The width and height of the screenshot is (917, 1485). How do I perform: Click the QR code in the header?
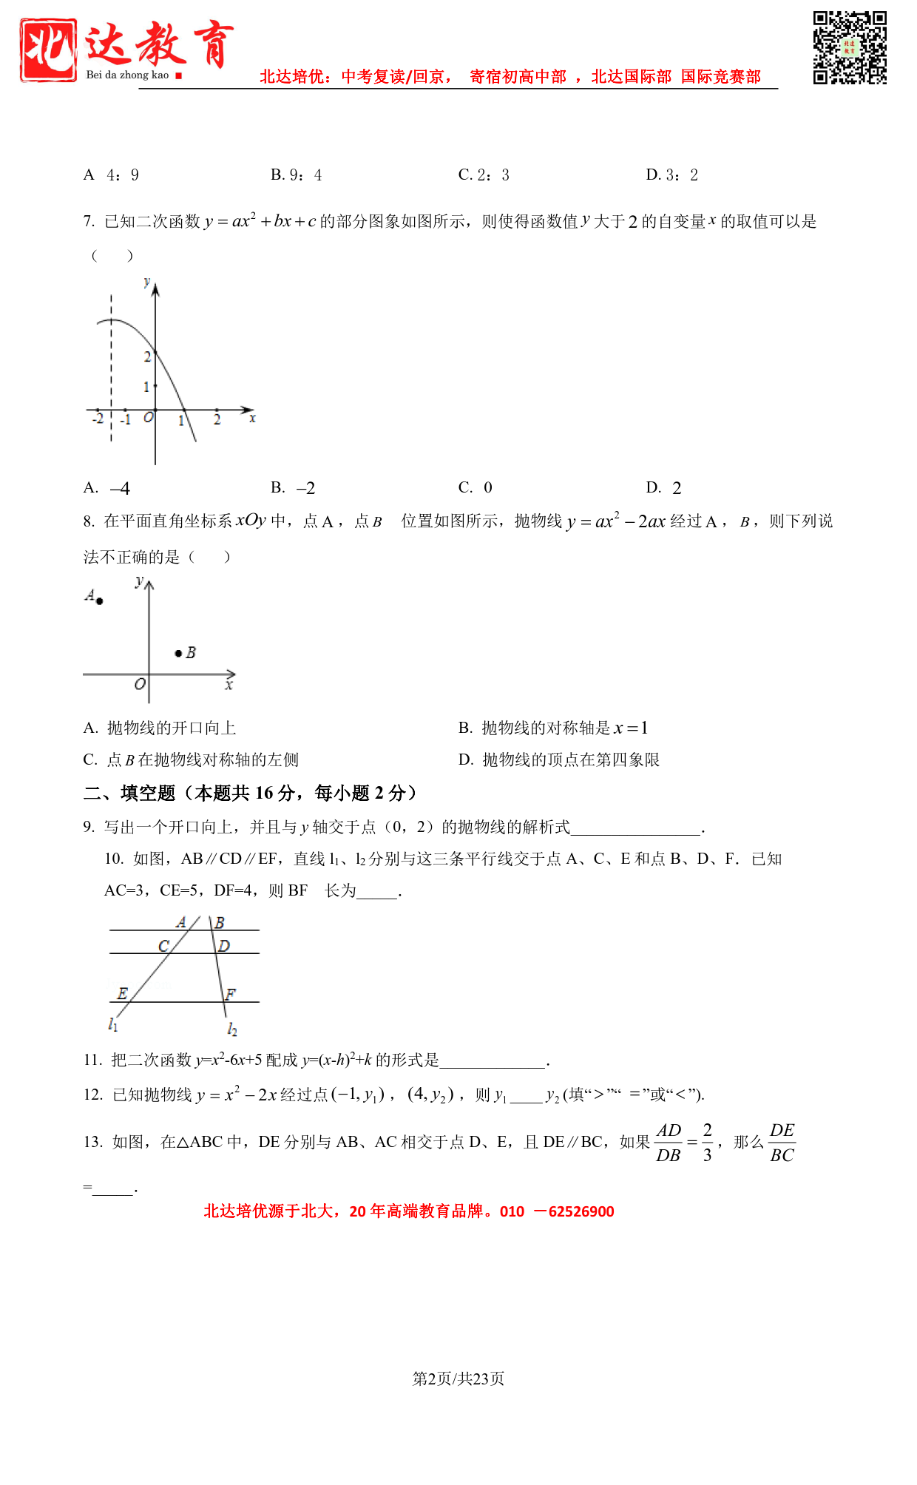coord(850,47)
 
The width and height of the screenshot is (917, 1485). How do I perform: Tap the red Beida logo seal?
coord(48,50)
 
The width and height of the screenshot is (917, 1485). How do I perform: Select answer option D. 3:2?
coord(671,175)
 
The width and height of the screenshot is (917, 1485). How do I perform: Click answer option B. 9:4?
coord(296,175)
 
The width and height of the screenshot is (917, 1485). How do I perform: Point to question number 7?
coord(89,222)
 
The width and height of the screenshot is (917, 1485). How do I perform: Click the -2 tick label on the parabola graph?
coord(98,419)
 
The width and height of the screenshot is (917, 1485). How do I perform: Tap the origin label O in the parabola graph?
coord(148,418)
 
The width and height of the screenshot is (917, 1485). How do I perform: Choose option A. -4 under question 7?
coord(107,488)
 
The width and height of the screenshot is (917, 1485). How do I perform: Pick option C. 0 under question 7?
coord(476,488)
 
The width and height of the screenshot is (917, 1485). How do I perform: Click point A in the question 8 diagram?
coord(99,601)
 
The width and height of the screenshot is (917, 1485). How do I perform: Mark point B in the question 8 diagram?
coord(178,653)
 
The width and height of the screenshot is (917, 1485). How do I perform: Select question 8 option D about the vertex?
coord(558,760)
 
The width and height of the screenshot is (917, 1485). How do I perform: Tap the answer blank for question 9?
coord(636,828)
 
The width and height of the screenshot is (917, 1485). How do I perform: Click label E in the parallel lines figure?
coord(122,993)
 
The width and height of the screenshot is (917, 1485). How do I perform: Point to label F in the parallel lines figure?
coord(231,994)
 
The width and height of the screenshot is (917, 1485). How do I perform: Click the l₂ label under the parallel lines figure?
coord(232,1029)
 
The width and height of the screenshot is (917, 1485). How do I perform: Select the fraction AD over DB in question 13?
coord(669,1143)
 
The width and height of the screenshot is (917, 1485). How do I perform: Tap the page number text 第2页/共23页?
coord(458,1379)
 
